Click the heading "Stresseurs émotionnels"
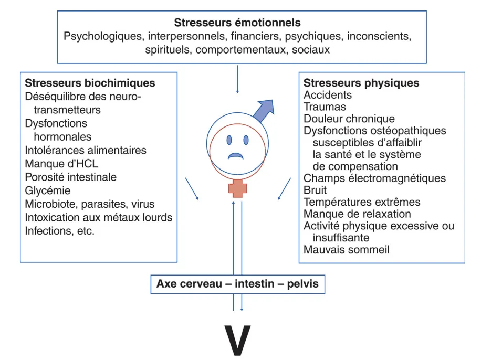237,23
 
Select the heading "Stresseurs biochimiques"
90,83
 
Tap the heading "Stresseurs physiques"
361,83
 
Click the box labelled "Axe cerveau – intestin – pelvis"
238,284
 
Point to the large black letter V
237,341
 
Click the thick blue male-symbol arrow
265,110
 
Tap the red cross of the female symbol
237,188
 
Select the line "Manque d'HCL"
61,164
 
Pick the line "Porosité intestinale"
70,177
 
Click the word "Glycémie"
48,190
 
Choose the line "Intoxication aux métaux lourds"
99,217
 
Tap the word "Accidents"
328,95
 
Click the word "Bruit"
315,190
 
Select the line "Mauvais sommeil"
347,250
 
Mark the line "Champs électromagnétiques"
374,178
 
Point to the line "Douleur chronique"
349,119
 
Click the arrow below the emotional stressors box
237,79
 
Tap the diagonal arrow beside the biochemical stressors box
192,188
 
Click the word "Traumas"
325,107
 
